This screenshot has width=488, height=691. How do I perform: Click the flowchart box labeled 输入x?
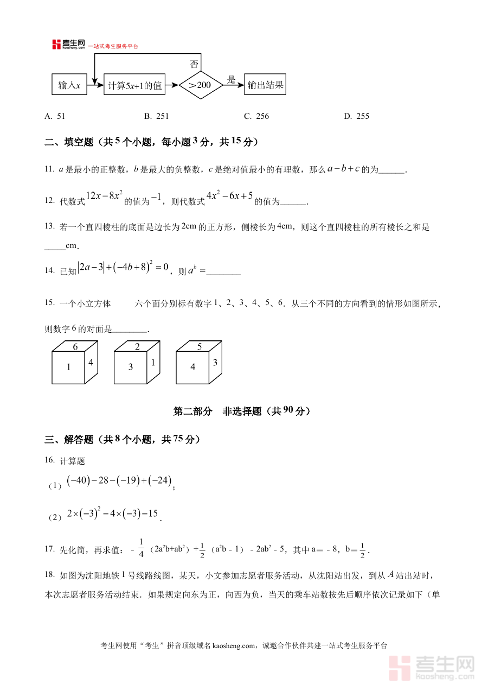pos(69,85)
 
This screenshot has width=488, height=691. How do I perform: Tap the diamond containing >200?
pos(201,85)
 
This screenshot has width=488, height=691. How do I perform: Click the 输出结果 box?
pos(265,85)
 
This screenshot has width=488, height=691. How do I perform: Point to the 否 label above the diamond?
pos(194,63)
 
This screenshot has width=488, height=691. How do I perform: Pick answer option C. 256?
pos(256,116)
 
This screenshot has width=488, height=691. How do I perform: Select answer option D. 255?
pos(356,116)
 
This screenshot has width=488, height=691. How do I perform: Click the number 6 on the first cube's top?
pos(75,347)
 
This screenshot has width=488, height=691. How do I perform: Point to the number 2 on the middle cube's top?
pos(137,347)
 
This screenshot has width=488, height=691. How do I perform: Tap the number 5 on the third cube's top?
pos(200,347)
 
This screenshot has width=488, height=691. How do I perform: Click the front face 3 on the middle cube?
pos(131,367)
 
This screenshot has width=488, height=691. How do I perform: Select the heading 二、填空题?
pos(69,142)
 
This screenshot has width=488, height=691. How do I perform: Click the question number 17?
pos(49,549)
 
